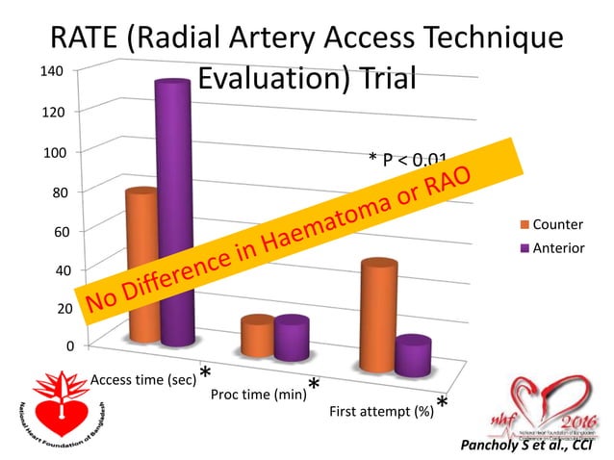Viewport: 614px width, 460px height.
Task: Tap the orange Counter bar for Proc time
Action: tap(258, 337)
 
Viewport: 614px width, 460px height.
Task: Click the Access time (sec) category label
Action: tap(142, 380)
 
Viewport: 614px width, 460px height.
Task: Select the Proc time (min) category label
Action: tap(257, 395)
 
